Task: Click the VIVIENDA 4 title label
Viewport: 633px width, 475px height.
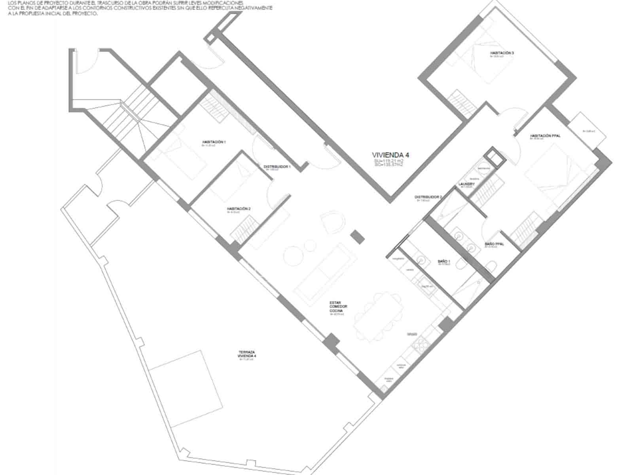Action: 390,155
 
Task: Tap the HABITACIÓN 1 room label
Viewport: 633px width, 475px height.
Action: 214,142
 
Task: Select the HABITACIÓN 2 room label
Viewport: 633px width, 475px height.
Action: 239,209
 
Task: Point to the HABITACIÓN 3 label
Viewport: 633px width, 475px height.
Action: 502,53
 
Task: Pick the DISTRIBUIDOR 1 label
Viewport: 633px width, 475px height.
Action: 277,167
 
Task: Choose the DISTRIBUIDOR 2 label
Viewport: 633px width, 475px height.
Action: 428,197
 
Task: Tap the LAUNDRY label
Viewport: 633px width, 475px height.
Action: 466,184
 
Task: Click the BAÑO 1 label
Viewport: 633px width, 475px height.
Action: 444,262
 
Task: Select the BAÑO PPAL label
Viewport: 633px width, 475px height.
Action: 494,244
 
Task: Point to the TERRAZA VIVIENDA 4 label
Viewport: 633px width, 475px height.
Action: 246,354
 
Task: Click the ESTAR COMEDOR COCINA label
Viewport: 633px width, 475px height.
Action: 338,307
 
